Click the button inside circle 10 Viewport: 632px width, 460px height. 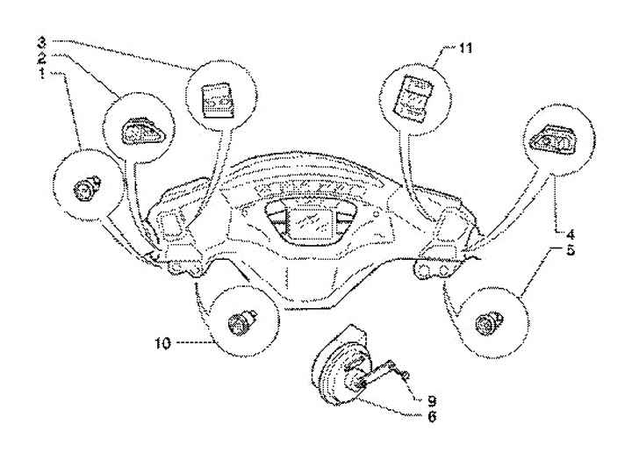tap(237, 322)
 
